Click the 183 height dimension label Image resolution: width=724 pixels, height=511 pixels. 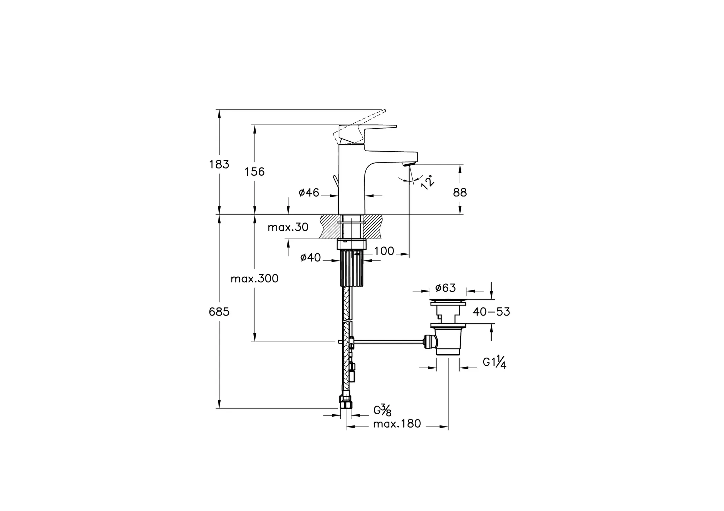(x=219, y=164)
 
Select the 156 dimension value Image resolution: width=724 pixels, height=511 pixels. (x=255, y=172)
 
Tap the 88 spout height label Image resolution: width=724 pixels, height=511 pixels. (x=460, y=193)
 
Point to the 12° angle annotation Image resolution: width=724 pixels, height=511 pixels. (x=427, y=182)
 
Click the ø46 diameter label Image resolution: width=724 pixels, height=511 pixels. (x=309, y=193)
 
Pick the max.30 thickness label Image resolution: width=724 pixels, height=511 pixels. (x=288, y=227)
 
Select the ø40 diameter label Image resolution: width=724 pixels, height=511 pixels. (x=310, y=258)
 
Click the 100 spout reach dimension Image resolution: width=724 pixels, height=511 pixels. (x=384, y=251)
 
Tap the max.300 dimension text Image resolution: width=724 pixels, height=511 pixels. (x=255, y=279)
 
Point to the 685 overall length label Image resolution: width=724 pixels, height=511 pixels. (x=219, y=312)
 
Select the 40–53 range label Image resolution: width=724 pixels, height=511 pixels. (x=491, y=312)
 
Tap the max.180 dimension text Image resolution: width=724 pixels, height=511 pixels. (x=397, y=424)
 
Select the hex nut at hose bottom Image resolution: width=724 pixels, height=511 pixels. (x=346, y=402)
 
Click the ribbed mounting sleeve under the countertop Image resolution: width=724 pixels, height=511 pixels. (x=352, y=268)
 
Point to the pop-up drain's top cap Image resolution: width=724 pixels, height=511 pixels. (x=448, y=301)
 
